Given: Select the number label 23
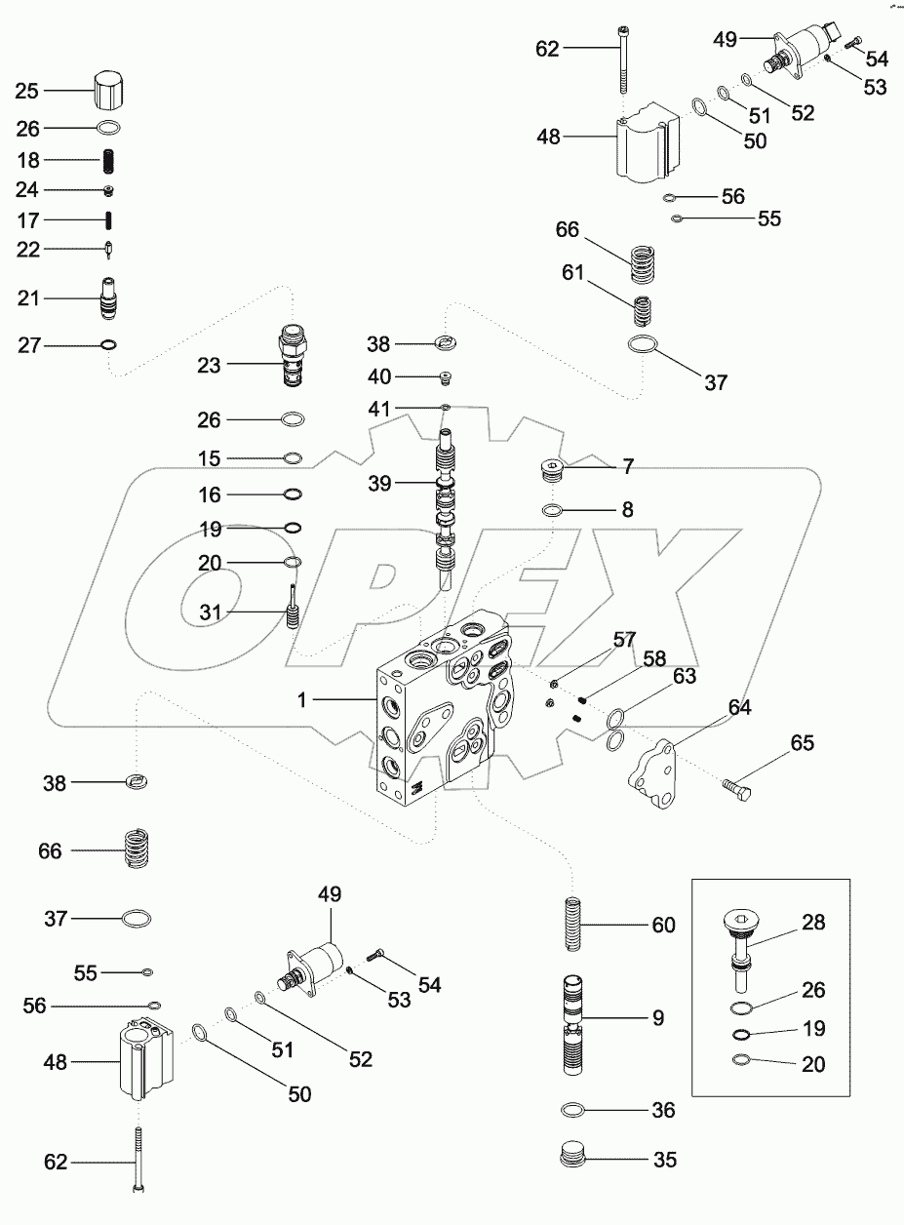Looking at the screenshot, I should coord(210,365).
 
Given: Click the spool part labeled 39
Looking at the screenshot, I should coord(446,507).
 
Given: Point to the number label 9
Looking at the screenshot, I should coord(659,1017).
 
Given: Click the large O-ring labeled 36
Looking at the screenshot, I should coord(579,1111).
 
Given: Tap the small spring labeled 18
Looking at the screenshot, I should coord(111,160).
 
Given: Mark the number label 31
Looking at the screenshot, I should coord(211,612).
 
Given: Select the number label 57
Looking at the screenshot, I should coord(624,641).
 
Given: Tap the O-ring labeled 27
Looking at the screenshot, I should coord(109,343).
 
